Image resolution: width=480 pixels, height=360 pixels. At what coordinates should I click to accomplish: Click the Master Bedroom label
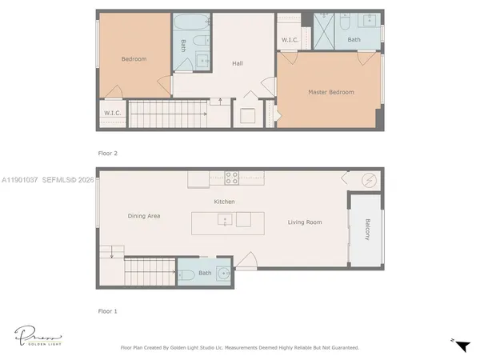[330, 92]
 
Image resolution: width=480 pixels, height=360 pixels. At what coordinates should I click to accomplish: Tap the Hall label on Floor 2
[238, 63]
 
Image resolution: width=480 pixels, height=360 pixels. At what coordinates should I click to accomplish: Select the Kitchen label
[224, 202]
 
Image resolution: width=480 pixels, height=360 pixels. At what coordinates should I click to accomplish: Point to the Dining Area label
[144, 216]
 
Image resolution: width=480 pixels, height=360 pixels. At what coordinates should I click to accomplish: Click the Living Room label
[305, 222]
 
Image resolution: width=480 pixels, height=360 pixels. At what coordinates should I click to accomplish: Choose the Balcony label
[367, 229]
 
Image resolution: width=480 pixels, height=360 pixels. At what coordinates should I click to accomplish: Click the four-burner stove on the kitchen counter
[231, 178]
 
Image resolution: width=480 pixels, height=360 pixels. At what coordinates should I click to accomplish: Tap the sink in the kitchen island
[227, 219]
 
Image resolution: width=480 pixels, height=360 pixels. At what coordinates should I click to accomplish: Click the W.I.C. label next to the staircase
[111, 113]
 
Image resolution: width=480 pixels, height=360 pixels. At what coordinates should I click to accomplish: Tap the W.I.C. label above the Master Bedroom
[289, 39]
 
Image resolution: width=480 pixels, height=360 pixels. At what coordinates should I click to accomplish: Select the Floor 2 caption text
[107, 151]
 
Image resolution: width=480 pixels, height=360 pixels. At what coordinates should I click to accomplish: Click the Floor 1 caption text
[107, 310]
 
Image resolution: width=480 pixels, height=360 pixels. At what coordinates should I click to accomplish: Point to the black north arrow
[462, 344]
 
